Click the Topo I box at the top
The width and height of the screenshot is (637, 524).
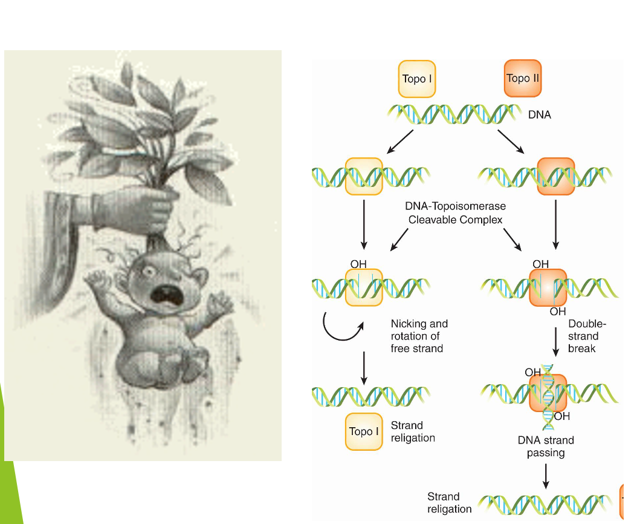(417, 79)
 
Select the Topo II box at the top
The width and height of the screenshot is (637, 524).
(523, 78)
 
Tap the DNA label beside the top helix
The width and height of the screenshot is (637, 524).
(540, 114)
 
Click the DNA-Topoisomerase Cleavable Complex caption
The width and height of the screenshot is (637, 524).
(455, 213)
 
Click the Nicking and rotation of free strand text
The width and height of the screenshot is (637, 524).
(419, 336)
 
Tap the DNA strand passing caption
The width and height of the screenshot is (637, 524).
(546, 447)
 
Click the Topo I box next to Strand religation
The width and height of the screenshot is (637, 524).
(364, 431)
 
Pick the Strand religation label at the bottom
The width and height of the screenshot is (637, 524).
(449, 503)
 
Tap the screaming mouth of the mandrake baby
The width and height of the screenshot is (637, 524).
(164, 295)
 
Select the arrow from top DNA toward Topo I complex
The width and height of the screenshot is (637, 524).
(400, 142)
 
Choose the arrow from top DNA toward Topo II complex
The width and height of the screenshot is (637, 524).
(511, 142)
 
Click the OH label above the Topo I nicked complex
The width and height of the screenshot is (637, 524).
(359, 264)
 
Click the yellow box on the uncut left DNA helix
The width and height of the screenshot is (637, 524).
(364, 176)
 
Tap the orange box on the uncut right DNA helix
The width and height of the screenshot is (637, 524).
(555, 176)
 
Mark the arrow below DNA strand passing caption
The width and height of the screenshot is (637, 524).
(546, 476)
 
